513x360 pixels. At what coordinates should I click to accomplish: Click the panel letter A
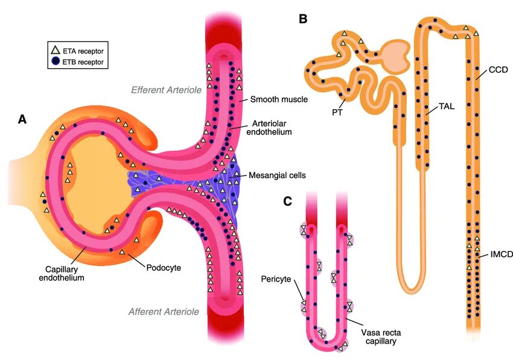[x=22, y=119]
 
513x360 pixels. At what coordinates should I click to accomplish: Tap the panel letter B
[x=303, y=19]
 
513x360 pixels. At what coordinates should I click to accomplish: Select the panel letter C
[x=288, y=201]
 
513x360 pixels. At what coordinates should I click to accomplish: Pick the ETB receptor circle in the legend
[x=56, y=62]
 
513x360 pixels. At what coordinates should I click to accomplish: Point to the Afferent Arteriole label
[x=164, y=312]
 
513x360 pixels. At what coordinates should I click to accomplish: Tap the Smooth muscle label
[x=279, y=99]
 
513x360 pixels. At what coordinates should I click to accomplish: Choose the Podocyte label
[x=163, y=267]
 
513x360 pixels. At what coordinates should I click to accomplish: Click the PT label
[x=337, y=111]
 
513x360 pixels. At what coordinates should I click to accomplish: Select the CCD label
[x=498, y=70]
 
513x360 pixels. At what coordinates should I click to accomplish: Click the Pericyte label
[x=277, y=279]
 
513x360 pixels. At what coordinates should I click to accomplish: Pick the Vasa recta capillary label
[x=378, y=337]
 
